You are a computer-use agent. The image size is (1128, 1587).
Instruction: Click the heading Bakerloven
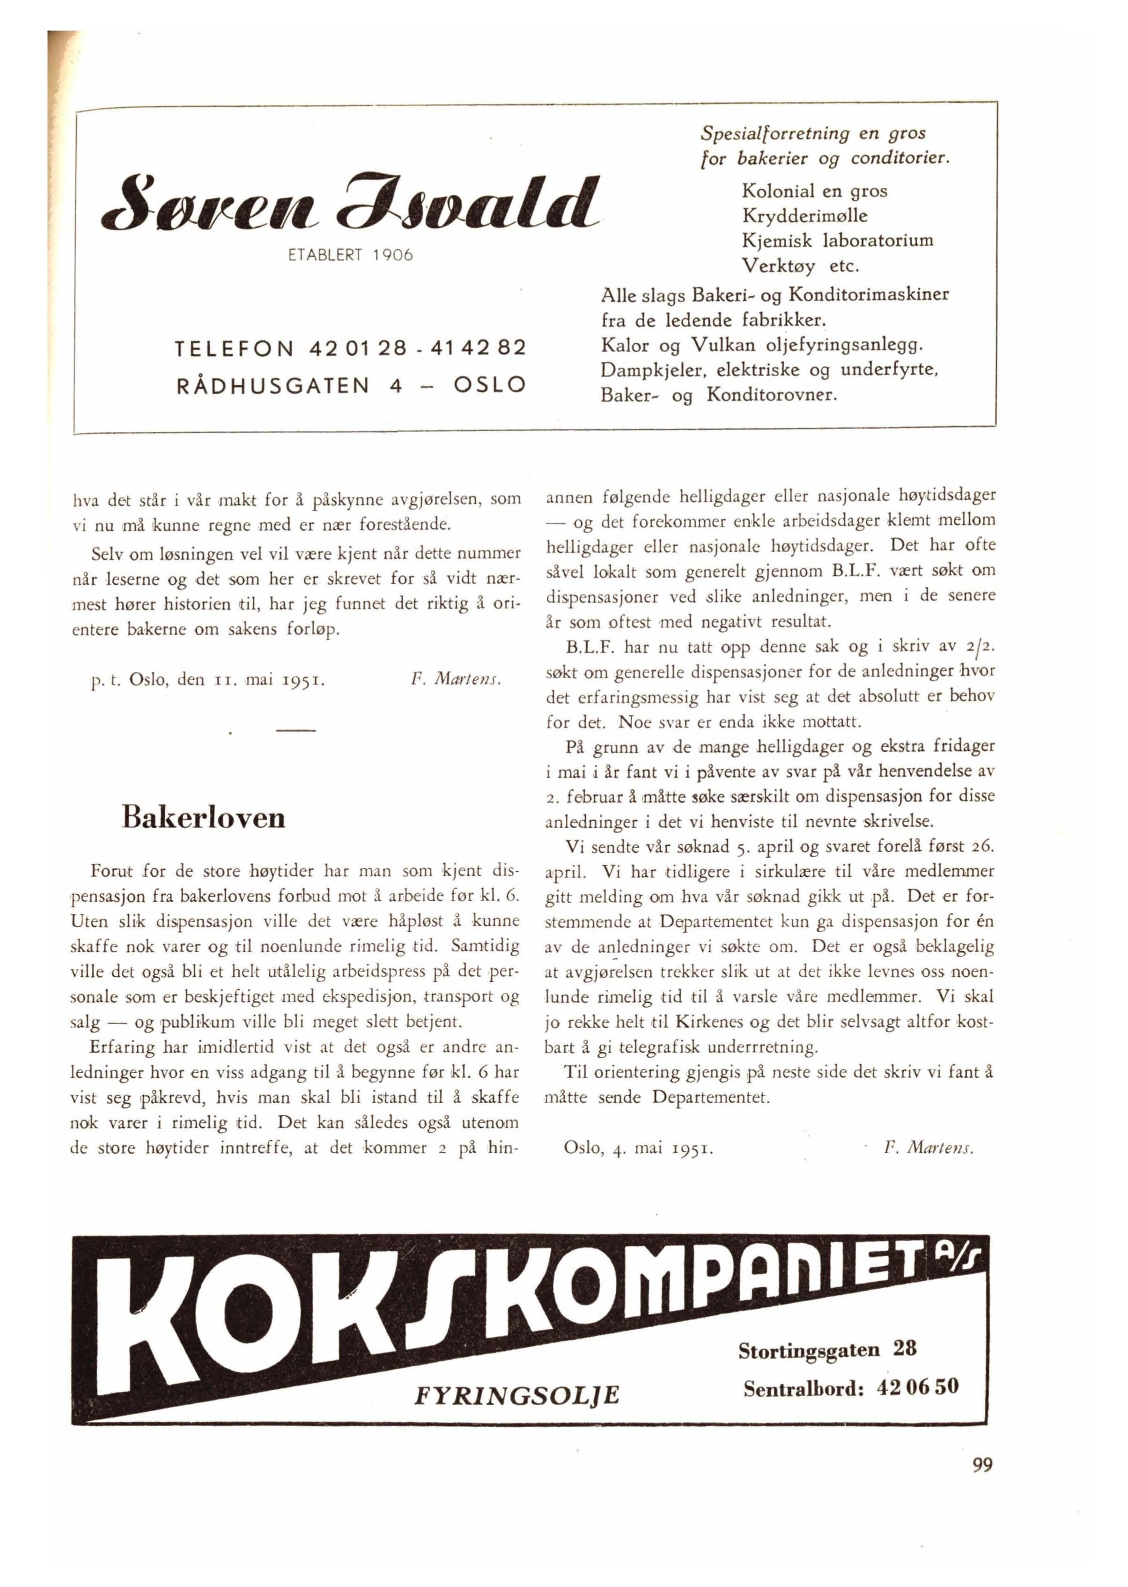pos(204,817)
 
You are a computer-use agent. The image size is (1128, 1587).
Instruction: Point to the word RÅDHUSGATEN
pos(273,385)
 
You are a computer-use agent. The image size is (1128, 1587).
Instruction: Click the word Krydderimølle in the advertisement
pos(804,216)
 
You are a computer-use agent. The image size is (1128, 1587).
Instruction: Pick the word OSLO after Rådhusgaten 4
pos(489,385)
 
